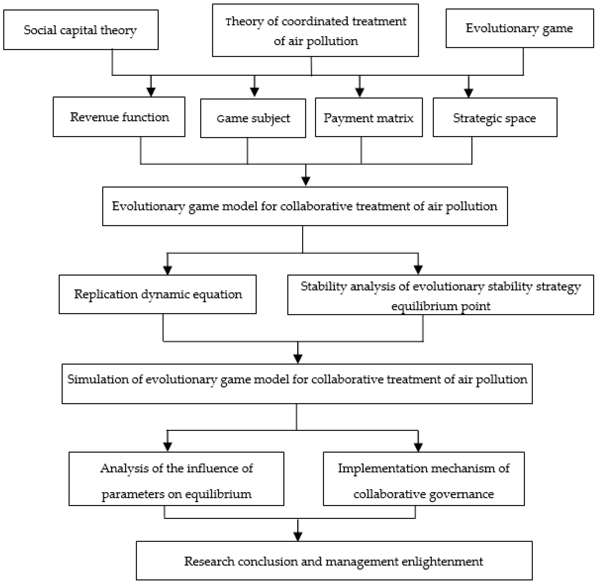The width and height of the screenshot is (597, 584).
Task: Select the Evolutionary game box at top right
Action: point(519,28)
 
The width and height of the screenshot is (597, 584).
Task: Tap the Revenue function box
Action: point(119,117)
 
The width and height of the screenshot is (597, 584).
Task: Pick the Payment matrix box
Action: point(369,118)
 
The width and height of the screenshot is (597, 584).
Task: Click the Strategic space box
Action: point(495,118)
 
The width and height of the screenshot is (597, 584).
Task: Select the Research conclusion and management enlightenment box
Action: point(334,561)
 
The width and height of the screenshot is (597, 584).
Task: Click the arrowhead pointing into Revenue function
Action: point(151,92)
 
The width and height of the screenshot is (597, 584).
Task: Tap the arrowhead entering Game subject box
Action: point(254,92)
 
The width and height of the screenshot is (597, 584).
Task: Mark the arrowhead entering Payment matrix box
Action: point(359,92)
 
